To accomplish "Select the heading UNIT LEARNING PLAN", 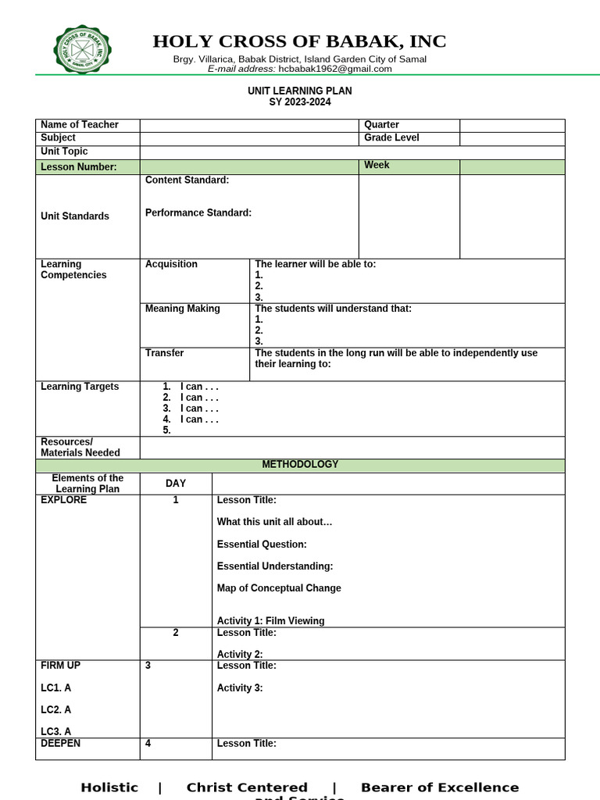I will [299, 91].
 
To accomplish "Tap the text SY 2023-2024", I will [299, 102].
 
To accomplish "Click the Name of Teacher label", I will [80, 125].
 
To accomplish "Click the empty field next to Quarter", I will [512, 125].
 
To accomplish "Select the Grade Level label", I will [391, 137].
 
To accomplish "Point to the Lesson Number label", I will [79, 167].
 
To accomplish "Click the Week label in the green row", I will [377, 166].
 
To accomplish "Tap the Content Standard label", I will [187, 180].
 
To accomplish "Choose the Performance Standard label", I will [198, 212].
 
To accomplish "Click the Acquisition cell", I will [172, 264].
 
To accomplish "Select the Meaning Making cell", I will [183, 309].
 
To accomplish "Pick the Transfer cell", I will [165, 353].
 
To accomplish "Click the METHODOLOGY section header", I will [300, 464].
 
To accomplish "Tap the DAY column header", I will [176, 484].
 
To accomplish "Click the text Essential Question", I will [262, 545].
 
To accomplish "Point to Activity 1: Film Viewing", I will [270, 621].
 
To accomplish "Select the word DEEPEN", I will [60, 744].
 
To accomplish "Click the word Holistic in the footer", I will [109, 787].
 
